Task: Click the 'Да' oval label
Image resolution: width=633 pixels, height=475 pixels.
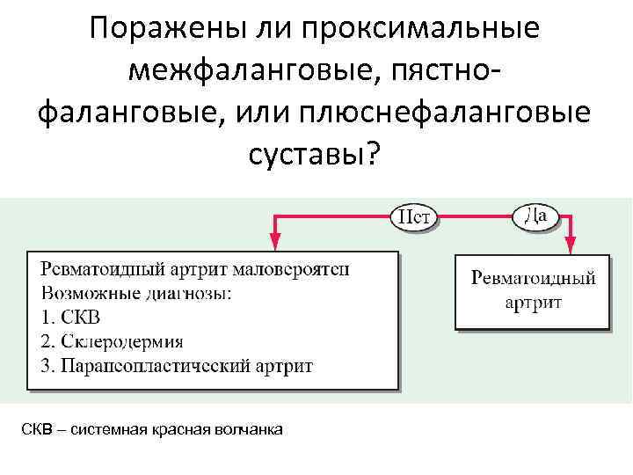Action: point(536,216)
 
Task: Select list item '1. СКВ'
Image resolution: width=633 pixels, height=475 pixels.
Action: point(76,317)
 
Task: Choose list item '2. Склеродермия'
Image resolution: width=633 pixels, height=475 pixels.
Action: point(112,340)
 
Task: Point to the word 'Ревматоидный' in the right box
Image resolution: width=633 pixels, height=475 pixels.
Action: point(533,278)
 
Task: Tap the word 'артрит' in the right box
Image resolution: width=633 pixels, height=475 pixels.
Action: point(533,302)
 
